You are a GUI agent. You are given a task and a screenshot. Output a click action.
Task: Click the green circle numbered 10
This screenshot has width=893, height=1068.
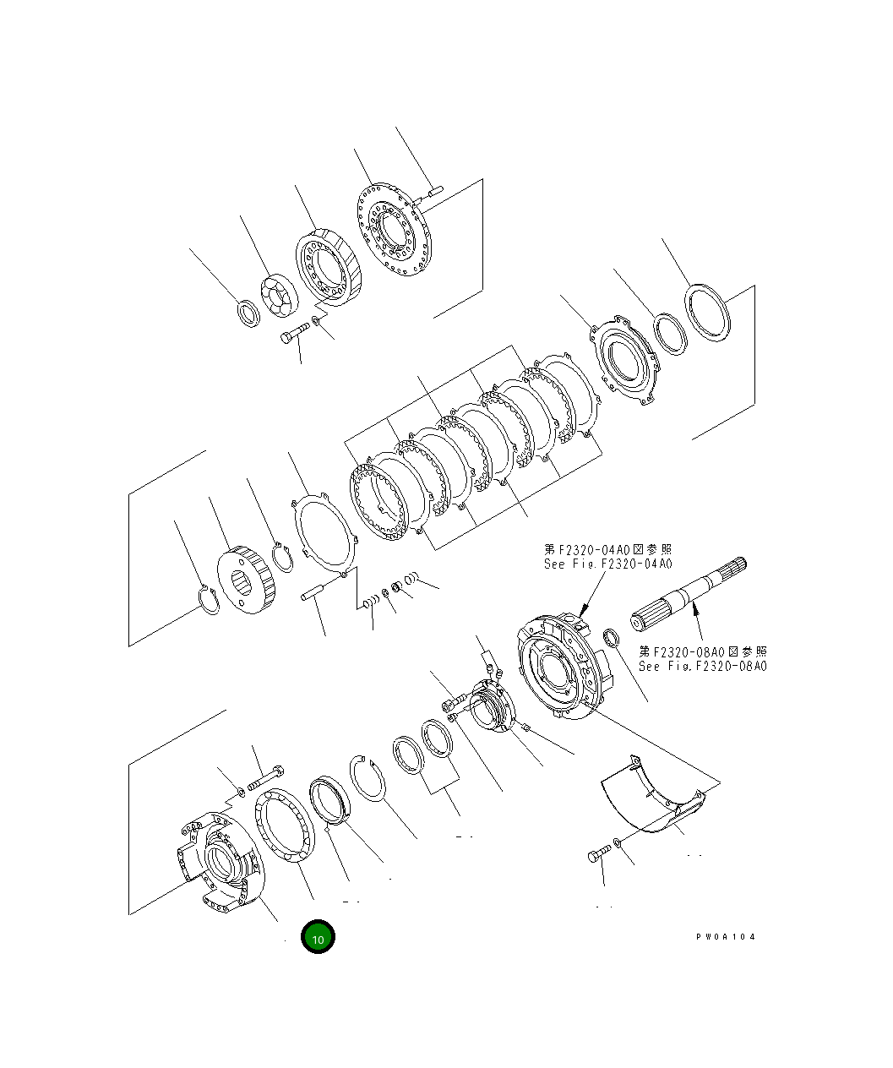[319, 937]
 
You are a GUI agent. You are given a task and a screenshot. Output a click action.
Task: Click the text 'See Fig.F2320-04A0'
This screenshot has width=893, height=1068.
[608, 564]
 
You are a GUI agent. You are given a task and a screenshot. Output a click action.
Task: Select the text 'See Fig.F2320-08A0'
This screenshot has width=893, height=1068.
[703, 666]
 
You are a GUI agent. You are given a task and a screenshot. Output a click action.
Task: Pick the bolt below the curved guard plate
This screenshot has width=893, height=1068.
[596, 857]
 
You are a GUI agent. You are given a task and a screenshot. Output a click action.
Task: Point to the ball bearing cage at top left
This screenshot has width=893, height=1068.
[278, 298]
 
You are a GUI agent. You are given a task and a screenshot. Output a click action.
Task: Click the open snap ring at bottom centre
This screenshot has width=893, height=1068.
[369, 778]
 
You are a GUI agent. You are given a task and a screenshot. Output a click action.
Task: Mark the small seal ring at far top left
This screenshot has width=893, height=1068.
[248, 312]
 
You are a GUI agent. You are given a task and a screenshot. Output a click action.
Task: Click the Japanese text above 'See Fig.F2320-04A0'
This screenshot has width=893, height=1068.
[608, 550]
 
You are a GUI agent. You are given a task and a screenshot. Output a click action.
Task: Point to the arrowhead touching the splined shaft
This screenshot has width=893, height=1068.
[694, 605]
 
